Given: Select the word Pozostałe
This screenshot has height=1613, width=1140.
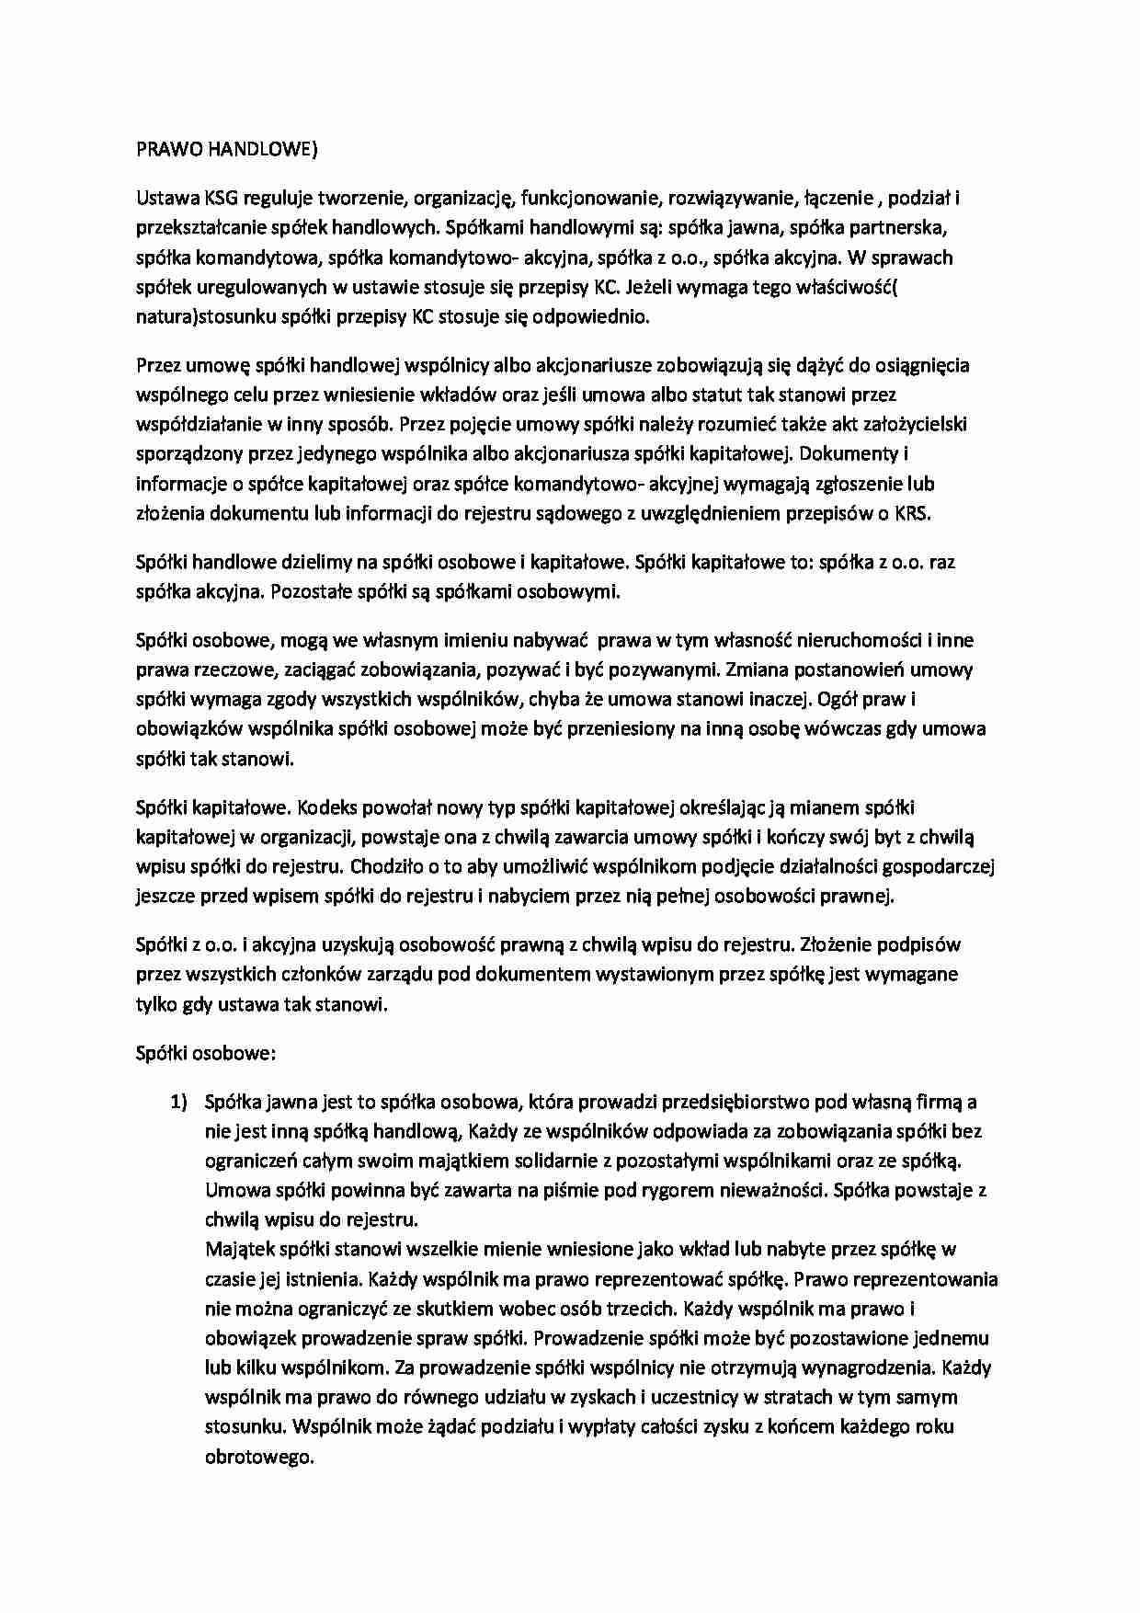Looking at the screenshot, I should pyautogui.click(x=311, y=591).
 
